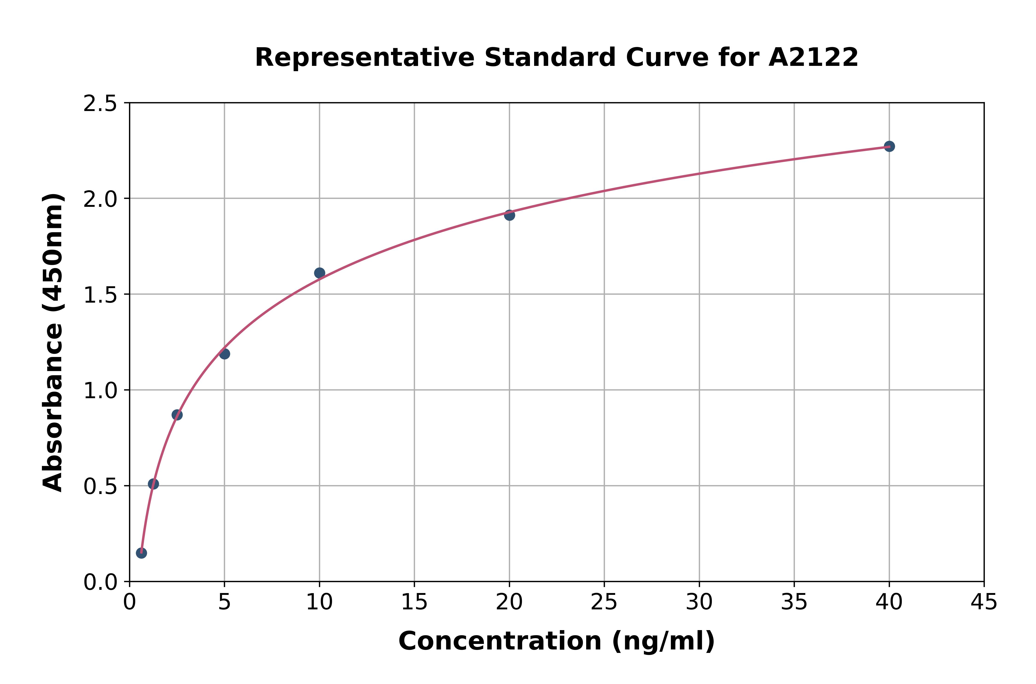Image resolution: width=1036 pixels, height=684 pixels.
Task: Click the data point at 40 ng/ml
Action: point(889,146)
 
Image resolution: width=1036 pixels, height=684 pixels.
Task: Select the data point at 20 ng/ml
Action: point(509,215)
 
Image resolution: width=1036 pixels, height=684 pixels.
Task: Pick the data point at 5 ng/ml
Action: point(224,354)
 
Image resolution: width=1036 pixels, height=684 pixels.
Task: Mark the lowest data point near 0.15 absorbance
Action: point(141,553)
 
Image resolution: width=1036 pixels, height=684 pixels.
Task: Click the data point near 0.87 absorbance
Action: point(177,415)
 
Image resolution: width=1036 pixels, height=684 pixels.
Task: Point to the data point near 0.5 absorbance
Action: point(154,484)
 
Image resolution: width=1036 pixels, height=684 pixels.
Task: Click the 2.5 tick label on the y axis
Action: point(100,104)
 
